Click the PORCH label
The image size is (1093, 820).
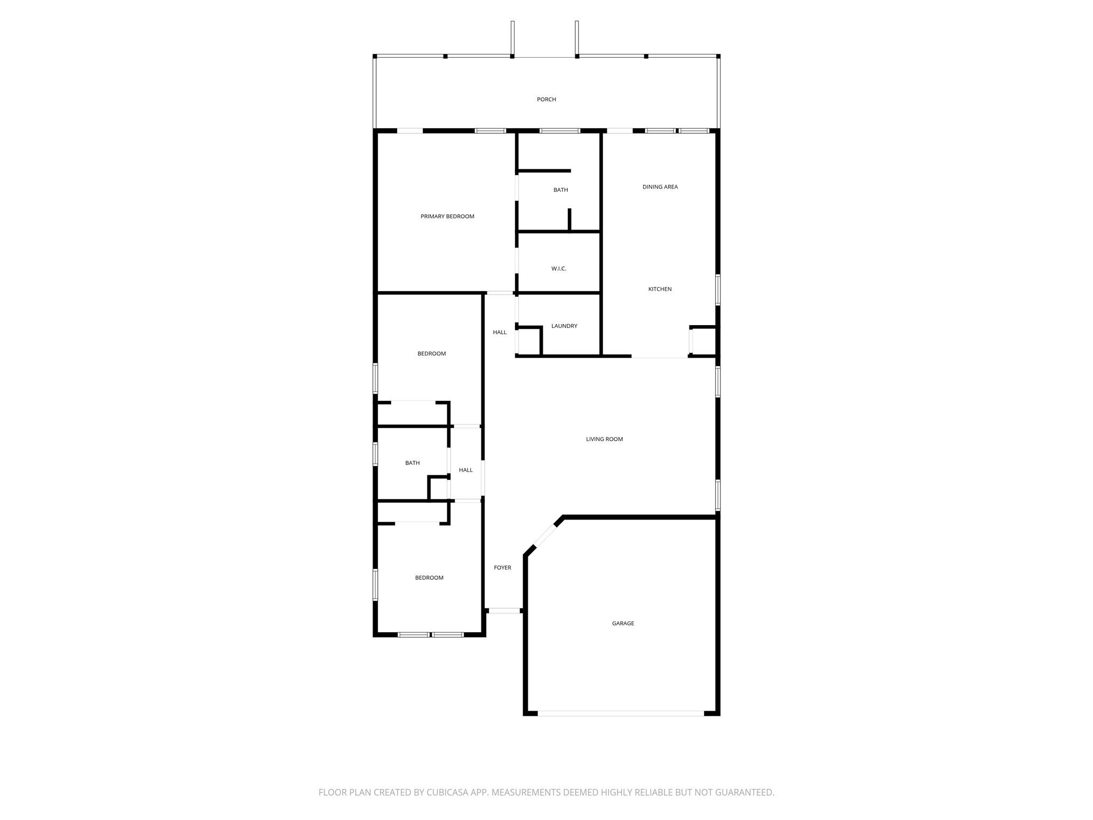point(546,99)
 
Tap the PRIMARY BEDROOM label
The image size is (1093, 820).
point(447,216)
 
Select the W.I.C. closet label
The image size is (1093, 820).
point(558,269)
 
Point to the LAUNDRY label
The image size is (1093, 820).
point(564,326)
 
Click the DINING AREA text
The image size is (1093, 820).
point(660,187)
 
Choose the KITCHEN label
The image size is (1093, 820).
point(660,289)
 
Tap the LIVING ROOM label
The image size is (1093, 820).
point(604,439)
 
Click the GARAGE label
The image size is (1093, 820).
point(623,623)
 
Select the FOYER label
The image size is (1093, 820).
point(502,567)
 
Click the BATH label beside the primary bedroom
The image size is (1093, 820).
point(560,190)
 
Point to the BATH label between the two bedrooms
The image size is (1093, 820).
point(412,463)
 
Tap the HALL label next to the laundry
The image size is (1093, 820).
point(500,332)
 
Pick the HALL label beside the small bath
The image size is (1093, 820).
point(465,470)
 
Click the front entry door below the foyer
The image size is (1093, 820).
point(504,610)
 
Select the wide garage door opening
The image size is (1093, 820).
point(620,713)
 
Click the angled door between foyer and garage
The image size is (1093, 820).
point(545,536)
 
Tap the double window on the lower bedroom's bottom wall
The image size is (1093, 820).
point(431,635)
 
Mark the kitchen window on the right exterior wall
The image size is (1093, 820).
point(718,289)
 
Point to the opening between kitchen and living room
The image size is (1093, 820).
point(660,357)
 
